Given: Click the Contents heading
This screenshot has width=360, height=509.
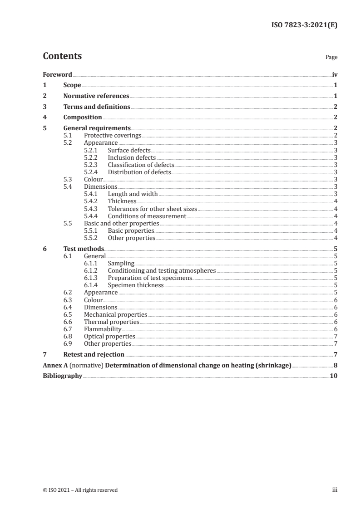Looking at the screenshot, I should (62, 56).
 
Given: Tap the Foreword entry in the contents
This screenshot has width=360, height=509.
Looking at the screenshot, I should (57, 74).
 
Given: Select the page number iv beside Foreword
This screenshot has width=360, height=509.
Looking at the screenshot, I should (335, 74).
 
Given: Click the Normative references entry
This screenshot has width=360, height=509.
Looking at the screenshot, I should (96, 96).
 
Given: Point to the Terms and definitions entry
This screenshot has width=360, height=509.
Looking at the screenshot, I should (97, 107).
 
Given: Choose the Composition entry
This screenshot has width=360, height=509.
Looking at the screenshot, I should (83, 117).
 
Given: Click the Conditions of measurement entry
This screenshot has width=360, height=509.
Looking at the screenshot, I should (147, 216).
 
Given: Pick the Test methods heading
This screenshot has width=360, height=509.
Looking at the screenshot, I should (84, 249).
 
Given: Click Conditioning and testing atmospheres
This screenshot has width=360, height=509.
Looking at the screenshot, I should (162, 270).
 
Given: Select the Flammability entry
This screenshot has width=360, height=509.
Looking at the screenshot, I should (103, 329).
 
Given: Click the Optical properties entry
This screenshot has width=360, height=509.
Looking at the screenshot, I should (109, 336).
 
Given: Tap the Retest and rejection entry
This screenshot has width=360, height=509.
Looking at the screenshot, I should (94, 354).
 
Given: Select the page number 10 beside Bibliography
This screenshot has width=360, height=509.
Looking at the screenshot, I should (334, 376).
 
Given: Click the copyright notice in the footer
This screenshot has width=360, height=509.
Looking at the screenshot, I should (80, 490).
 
